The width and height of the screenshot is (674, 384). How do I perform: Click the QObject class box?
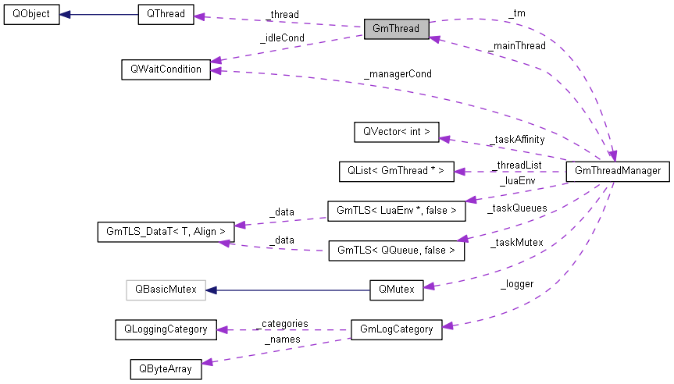pyautogui.click(x=30, y=15)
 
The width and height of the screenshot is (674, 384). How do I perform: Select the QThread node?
pyautogui.click(x=165, y=15)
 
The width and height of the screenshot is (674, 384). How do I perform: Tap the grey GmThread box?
pyautogui.click(x=396, y=29)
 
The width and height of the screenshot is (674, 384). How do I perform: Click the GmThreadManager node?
pyautogui.click(x=617, y=171)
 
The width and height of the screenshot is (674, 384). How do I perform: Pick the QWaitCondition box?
pyautogui.click(x=166, y=69)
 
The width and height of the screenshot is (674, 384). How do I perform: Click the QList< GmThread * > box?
pyautogui.click(x=395, y=171)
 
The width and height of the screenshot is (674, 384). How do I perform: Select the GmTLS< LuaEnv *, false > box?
pyautogui.click(x=395, y=210)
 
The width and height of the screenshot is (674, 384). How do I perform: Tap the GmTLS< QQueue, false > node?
pyautogui.click(x=396, y=251)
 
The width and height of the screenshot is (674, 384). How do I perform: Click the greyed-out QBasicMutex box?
pyautogui.click(x=165, y=289)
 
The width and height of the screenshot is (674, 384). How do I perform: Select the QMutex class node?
pyautogui.click(x=395, y=289)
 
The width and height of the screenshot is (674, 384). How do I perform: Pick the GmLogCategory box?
pyautogui.click(x=396, y=329)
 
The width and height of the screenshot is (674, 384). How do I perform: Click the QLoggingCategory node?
pyautogui.click(x=165, y=329)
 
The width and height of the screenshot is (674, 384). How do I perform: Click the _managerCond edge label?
pyautogui.click(x=397, y=74)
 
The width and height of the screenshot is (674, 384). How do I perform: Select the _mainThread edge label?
pyautogui.click(x=516, y=46)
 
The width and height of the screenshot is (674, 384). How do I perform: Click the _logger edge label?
pyautogui.click(x=516, y=284)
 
